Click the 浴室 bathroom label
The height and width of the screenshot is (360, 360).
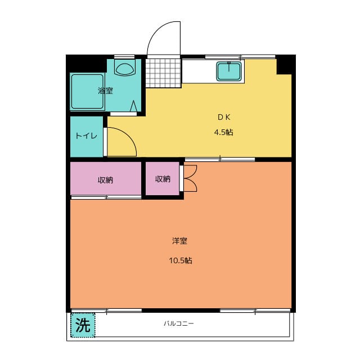coord(105,91)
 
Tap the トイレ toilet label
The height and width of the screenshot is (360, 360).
coord(86,136)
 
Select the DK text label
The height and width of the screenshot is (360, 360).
coord(224,118)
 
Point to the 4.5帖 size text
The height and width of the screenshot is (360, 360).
coord(223,133)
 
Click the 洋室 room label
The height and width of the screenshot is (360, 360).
coord(179,241)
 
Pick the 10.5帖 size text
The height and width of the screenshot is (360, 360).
coord(180,260)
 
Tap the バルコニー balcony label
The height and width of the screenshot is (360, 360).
coord(179,324)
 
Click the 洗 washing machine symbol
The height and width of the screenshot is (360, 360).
coord(83,325)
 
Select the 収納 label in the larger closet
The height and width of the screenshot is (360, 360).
coord(105,180)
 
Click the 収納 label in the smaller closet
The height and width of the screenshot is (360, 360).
coord(163,179)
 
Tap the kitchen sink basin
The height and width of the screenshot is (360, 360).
coord(229,71)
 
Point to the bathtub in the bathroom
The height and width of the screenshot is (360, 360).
coord(87,91)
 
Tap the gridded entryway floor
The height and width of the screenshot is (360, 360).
coord(164,72)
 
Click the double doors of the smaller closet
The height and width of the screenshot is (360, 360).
coord(190,179)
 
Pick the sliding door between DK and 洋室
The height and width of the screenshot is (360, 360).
coord(219,159)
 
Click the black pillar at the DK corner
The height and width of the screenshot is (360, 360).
coord(285,65)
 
